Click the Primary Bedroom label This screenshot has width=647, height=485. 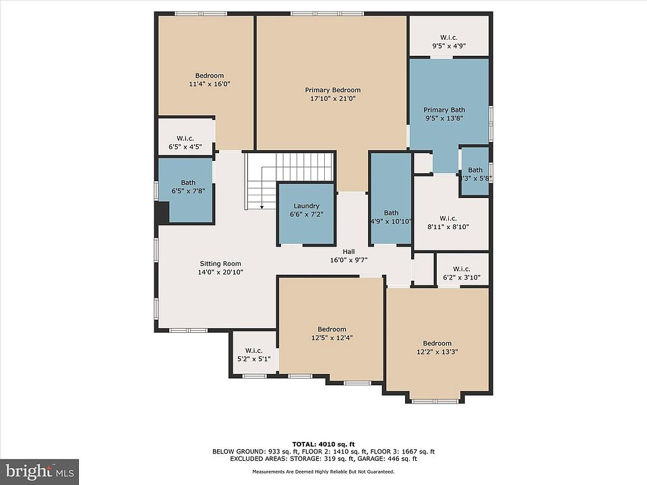coord(332,90)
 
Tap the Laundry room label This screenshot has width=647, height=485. coord(306,206)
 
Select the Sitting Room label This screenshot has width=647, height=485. coord(220,263)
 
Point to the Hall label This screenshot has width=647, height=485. coord(348,251)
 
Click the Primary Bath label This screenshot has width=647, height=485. coord(444,110)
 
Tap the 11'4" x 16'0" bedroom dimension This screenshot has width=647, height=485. coord(209,84)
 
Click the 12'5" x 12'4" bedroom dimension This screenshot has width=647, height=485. coord(332,337)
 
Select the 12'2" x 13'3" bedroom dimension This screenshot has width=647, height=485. coord(437,352)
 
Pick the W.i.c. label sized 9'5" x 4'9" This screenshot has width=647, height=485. coord(449,38)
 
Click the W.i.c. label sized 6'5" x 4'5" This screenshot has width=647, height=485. coord(185,138)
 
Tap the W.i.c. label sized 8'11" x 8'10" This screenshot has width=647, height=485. coord(448,218)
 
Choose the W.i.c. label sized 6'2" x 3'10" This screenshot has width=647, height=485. coord(461,269)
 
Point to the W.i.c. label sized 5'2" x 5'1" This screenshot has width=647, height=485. coord(253,350)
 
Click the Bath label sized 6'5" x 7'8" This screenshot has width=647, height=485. coord(188,183)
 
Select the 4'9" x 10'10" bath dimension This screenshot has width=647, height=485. coord(390,222)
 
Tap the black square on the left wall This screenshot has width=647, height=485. coord(162,213)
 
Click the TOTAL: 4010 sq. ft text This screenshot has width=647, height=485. coord(323,444)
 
